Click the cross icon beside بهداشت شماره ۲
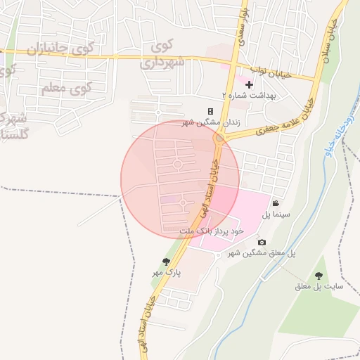point(249,84)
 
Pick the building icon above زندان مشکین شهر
point(210,112)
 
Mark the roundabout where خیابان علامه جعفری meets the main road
point(220,139)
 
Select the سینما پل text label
point(276,213)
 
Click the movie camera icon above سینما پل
point(276,204)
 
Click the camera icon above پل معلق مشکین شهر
point(262,243)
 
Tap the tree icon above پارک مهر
point(166,262)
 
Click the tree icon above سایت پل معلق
point(319,276)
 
